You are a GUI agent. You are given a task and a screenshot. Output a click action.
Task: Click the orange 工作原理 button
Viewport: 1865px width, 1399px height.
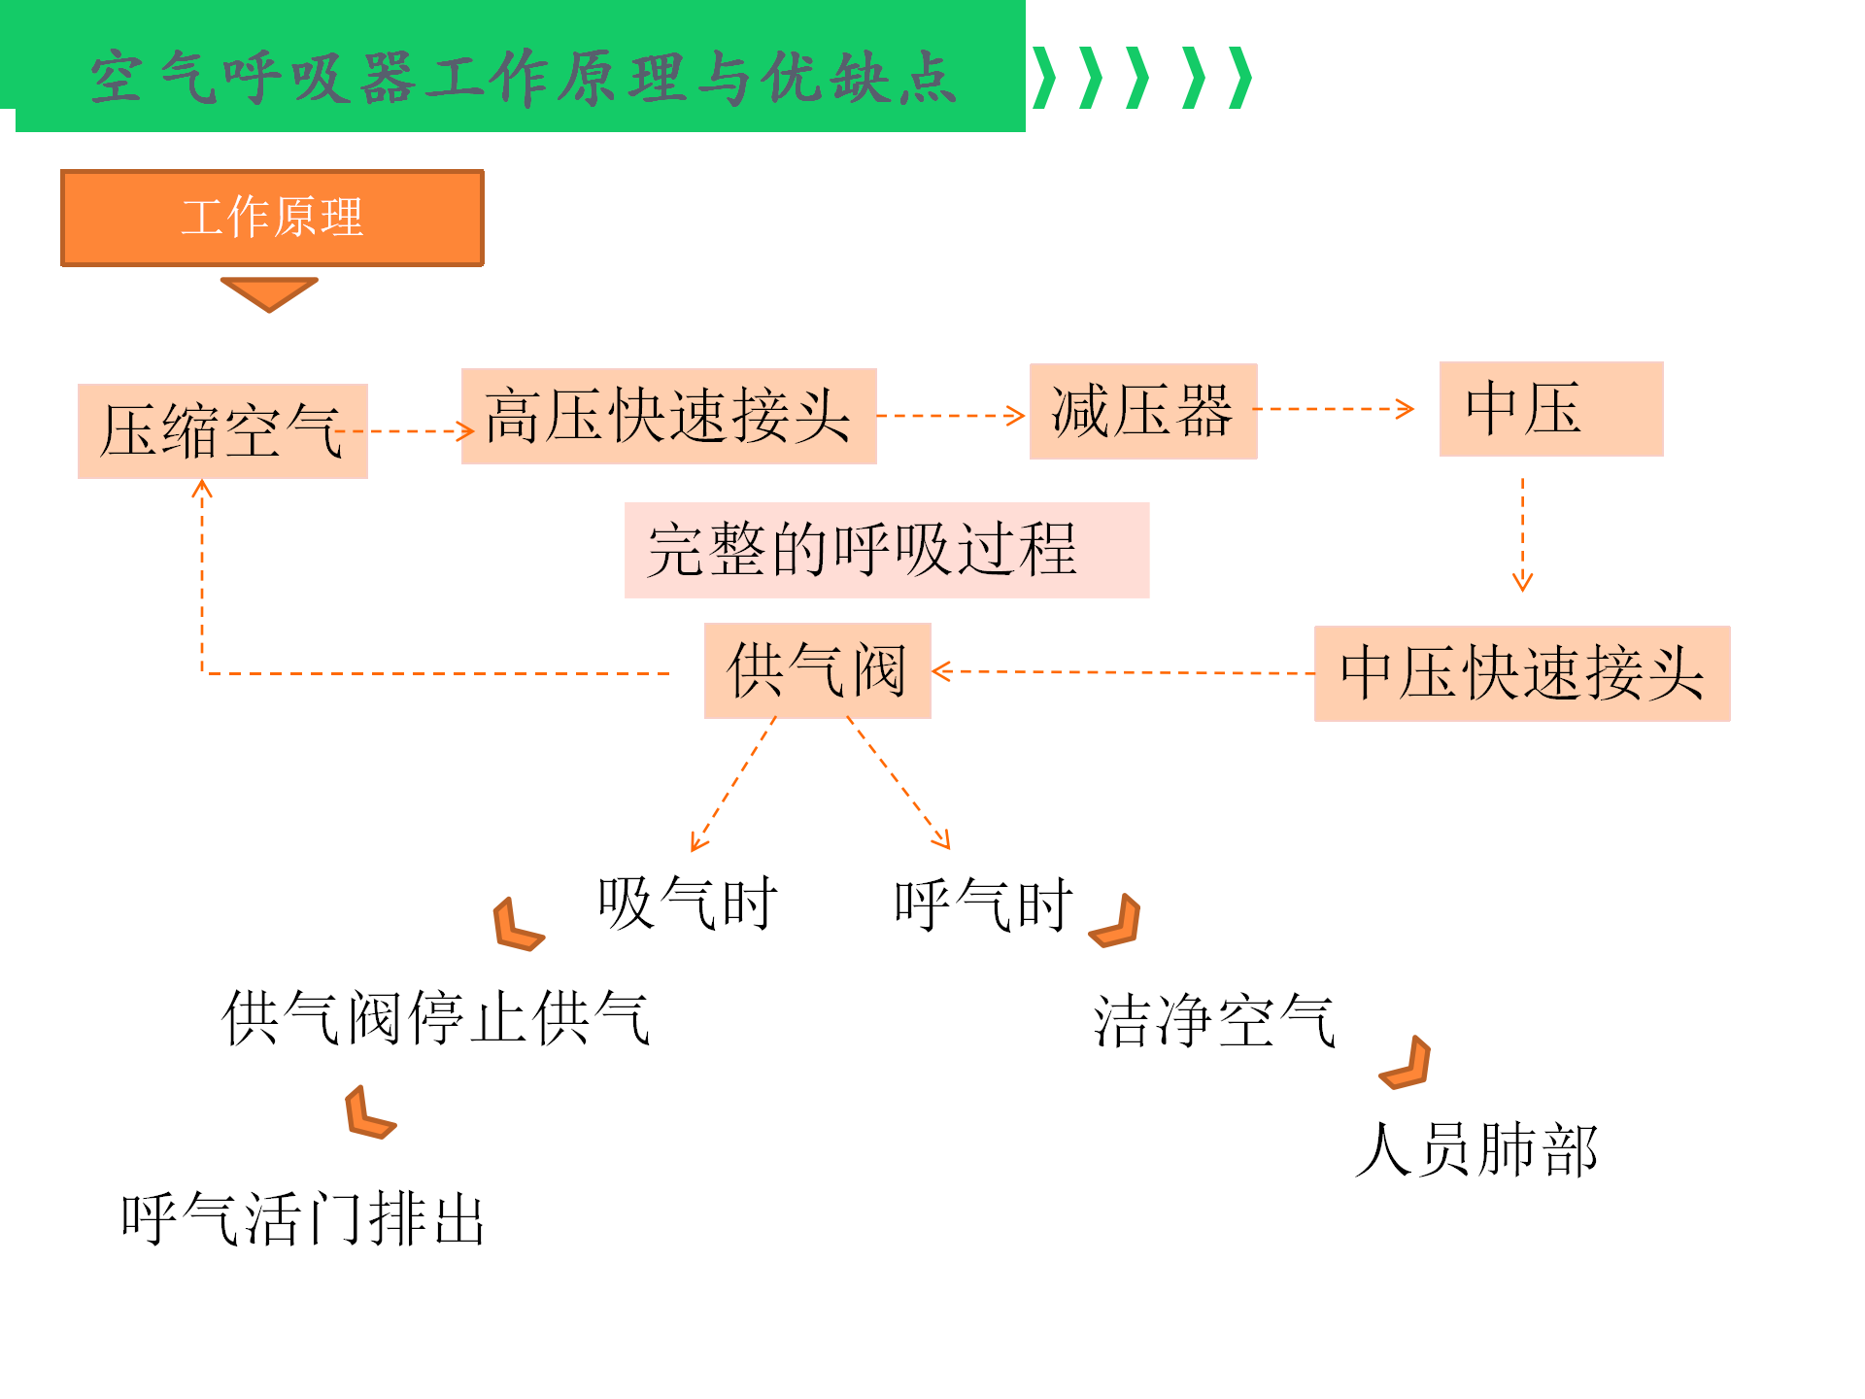tap(272, 218)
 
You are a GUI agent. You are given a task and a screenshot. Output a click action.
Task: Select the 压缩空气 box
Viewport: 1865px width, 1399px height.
tap(222, 431)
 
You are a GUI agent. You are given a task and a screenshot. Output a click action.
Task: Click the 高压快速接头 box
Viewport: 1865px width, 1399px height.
tap(668, 416)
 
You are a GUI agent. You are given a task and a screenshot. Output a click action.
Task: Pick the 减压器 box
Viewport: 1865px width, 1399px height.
tap(1143, 411)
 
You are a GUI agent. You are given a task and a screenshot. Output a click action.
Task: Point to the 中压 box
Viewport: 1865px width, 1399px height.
tap(1551, 409)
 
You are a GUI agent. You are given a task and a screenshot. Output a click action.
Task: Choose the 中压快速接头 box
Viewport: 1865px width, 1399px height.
tap(1522, 673)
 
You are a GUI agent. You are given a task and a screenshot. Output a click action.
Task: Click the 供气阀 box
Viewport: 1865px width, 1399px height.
tap(818, 670)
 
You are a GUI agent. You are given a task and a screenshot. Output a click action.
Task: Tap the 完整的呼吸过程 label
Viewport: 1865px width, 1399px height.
tap(887, 550)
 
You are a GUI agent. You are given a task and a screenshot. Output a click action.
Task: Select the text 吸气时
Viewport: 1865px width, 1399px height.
tap(688, 904)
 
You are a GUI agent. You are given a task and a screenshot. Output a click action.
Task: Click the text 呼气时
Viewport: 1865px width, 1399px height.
tap(984, 904)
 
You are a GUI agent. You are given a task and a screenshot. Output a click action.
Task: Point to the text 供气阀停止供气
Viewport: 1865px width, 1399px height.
tap(436, 1018)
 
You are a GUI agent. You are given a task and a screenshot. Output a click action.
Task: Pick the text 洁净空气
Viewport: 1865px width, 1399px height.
tap(1215, 1021)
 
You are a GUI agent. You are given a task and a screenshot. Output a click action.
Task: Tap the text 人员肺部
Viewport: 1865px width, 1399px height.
tap(1476, 1150)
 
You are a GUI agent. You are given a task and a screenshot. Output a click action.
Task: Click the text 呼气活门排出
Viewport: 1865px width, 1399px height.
tap(303, 1219)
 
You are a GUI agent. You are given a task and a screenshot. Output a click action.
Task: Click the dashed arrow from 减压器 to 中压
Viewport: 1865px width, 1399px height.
tap(1334, 409)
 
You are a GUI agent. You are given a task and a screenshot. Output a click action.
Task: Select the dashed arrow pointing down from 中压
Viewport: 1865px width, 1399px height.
tap(1522, 534)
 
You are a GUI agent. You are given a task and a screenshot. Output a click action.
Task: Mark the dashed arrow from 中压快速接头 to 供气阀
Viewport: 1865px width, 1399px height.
tap(1123, 671)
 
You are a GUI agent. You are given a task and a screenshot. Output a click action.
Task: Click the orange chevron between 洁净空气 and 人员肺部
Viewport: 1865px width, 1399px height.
tap(1406, 1063)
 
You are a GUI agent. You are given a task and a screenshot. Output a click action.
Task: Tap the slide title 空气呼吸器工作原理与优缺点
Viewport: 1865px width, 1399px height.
tap(524, 78)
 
